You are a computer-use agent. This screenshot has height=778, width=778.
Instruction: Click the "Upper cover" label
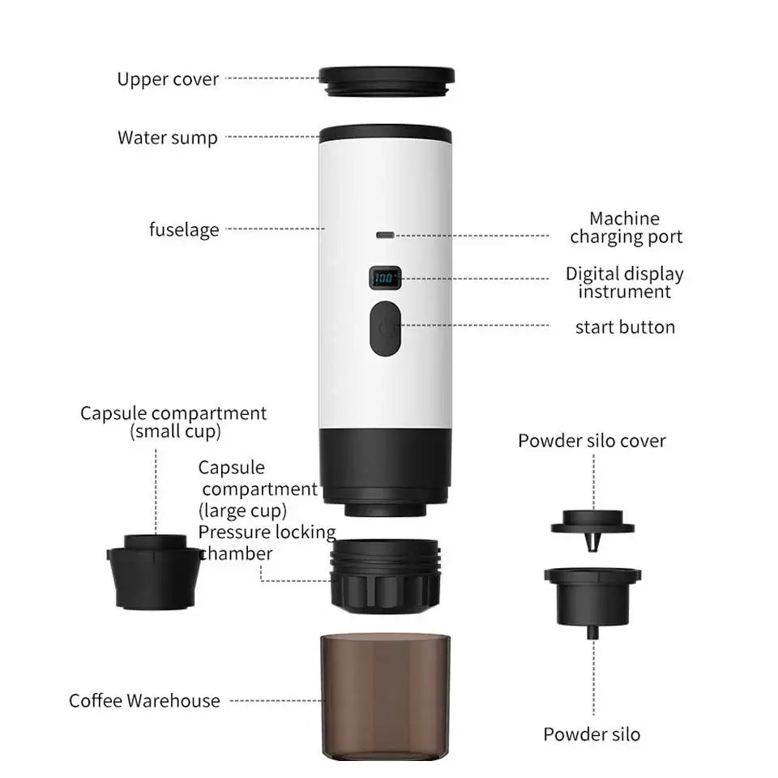[168, 79]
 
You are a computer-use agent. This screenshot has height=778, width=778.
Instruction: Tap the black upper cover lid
[386, 79]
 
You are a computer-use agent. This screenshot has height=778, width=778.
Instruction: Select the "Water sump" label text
[168, 137]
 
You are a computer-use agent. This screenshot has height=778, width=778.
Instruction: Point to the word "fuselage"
[184, 229]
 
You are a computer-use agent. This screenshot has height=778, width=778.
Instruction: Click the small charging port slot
[385, 235]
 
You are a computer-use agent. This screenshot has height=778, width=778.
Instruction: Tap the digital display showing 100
[384, 279]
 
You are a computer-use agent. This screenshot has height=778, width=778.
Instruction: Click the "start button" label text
[625, 327]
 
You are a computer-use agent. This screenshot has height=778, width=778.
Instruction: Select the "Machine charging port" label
[625, 228]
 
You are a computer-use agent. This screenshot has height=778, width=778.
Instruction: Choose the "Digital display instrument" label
[625, 283]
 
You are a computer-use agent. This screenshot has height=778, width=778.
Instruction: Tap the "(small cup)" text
[175, 432]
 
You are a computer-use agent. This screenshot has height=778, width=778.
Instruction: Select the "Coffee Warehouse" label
[144, 701]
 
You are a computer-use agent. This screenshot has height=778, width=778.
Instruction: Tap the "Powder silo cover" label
[592, 441]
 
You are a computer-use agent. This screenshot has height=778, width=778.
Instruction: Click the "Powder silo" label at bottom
[592, 735]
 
